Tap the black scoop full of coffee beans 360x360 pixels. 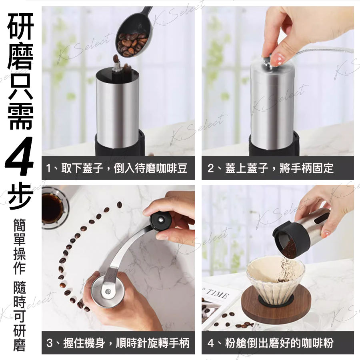(134, 34)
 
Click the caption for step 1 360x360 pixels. (117, 168)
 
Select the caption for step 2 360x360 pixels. (270, 168)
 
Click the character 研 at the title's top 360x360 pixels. (21, 26)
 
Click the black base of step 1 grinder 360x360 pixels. (119, 145)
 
